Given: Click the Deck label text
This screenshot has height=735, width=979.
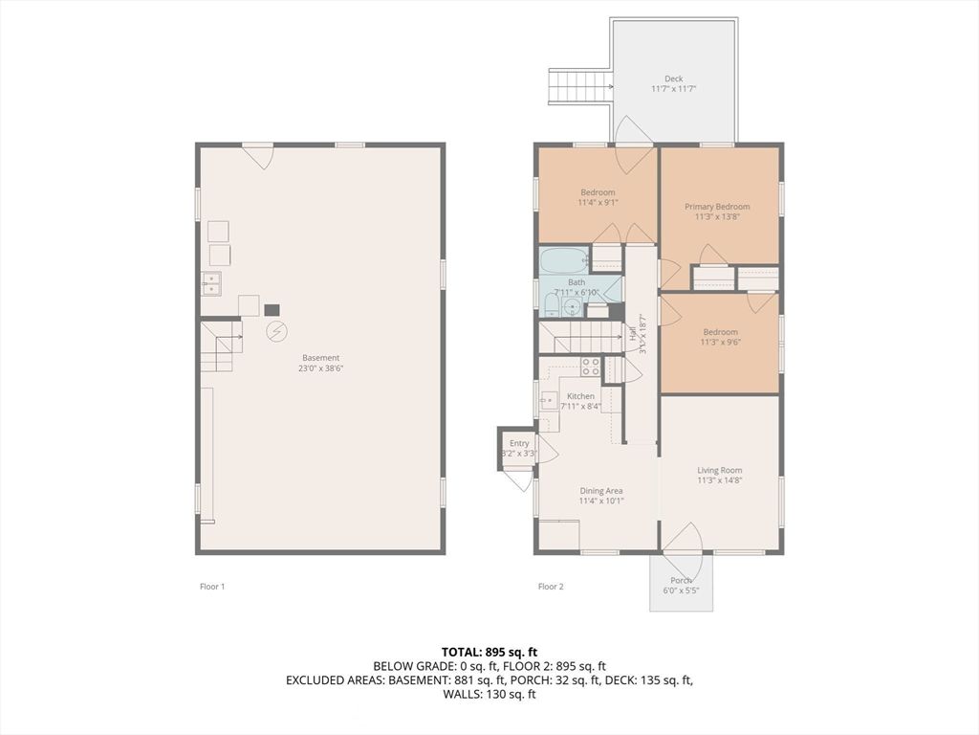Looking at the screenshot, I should pyautogui.click(x=674, y=79).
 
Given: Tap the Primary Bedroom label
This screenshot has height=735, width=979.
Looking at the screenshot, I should pyautogui.click(x=717, y=207).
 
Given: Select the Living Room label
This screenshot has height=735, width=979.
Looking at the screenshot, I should pyautogui.click(x=720, y=470).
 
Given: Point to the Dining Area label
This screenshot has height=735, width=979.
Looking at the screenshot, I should pyautogui.click(x=600, y=491).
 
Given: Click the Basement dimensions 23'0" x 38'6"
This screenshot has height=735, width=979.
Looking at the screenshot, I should pyautogui.click(x=321, y=368).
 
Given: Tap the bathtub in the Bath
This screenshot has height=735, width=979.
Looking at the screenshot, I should pyautogui.click(x=563, y=260).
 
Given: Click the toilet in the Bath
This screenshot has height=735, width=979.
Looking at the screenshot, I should pyautogui.click(x=551, y=305).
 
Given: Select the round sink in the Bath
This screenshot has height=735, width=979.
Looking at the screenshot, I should pyautogui.click(x=573, y=307).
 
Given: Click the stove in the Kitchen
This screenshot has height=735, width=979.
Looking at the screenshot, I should pyautogui.click(x=590, y=367).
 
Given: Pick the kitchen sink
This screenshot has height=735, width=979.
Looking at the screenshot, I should pyautogui.click(x=549, y=401).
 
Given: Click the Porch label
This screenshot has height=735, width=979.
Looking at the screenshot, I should pyautogui.click(x=681, y=580).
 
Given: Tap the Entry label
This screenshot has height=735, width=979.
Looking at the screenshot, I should pyautogui.click(x=519, y=443).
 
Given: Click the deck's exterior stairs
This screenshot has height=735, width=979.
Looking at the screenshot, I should pyautogui.click(x=579, y=86).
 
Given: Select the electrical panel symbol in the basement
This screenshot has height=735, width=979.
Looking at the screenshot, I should pyautogui.click(x=276, y=331).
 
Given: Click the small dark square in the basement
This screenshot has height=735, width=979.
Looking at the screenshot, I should pyautogui.click(x=272, y=310).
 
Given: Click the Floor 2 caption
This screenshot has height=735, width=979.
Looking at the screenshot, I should pyautogui.click(x=551, y=587).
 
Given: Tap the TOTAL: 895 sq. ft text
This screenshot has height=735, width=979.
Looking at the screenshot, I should pyautogui.click(x=489, y=652).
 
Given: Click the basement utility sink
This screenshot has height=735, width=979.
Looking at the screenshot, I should pyautogui.click(x=211, y=283).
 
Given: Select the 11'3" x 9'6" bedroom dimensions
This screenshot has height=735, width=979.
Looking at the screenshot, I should pyautogui.click(x=720, y=343).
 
